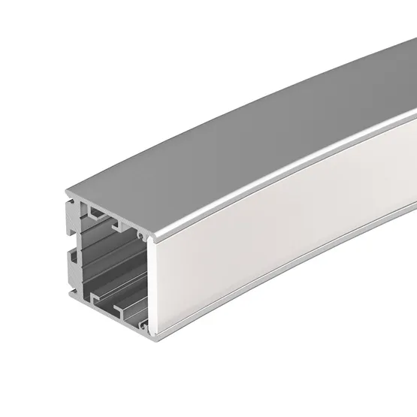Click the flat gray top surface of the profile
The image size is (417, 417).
pos(248,150)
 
